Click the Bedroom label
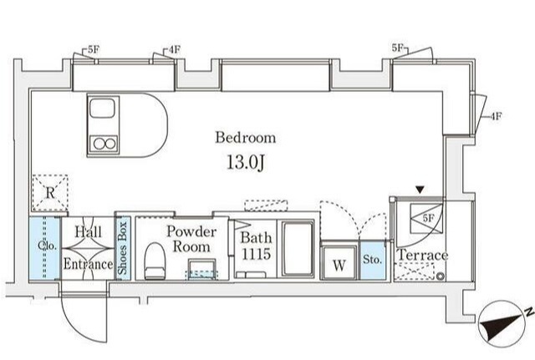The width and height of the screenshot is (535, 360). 245,137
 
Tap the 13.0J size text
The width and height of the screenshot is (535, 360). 246,162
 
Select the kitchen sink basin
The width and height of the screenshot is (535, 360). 102,108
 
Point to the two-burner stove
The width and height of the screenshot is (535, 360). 104,144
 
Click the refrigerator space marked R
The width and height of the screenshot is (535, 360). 50,193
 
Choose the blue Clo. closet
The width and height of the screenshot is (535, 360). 44,248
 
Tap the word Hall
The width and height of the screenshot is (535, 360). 88,232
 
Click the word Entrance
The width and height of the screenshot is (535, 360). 88,264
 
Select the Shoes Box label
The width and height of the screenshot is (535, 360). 123,248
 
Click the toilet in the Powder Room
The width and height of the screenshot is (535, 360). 155,261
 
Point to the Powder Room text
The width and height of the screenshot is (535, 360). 191,239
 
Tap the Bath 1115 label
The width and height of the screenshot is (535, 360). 256,246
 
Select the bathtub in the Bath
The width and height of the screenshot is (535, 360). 298,249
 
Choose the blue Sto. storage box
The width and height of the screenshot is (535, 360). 372,260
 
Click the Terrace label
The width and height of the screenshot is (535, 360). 423,255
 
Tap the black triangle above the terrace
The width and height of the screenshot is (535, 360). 420,190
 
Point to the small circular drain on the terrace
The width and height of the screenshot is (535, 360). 441,276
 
